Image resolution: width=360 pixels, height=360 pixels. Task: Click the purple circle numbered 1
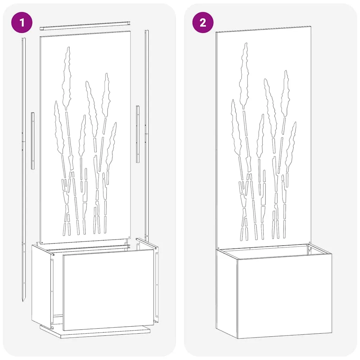coord(22,22)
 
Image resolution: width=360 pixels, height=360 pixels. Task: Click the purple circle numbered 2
coord(203,22)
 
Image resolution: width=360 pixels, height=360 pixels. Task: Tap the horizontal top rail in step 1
coord(85,25)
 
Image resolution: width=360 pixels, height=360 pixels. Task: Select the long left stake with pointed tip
coord(24,170)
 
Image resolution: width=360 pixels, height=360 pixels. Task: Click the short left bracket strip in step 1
coord(33,141)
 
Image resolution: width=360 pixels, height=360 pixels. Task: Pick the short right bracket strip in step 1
coord(137,134)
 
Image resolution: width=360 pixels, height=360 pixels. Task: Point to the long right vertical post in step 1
coord(147,135)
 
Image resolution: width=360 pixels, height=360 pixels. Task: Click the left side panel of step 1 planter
coord(41,285)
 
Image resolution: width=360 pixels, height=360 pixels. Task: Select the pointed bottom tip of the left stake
coord(23,301)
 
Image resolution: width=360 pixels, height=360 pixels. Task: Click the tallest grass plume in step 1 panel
coord(67,78)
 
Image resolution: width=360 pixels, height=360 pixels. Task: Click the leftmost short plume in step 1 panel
coord(59,127)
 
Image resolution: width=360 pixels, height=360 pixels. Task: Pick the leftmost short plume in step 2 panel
coord(236,127)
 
